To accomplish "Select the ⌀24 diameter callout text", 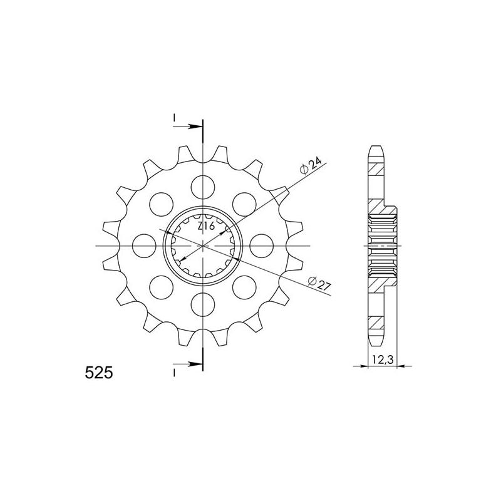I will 311,166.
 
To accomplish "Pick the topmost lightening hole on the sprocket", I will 203,185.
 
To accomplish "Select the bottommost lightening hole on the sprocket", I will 203,304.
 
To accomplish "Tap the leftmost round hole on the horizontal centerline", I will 144,245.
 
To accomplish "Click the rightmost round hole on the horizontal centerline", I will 262,245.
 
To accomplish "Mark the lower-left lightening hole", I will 161,287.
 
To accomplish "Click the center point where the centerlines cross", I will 203,245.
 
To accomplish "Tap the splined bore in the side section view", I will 383,245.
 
